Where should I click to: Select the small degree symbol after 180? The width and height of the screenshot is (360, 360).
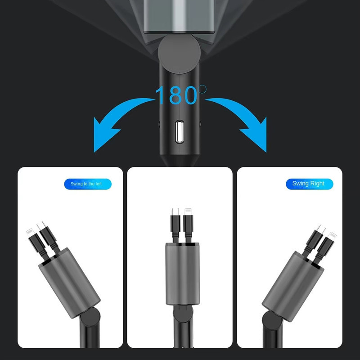(x=202, y=89)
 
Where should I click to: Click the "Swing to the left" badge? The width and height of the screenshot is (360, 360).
(x=88, y=184)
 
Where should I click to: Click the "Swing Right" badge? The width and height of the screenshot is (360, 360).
(x=309, y=184)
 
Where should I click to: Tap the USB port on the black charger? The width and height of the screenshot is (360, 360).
(x=179, y=132)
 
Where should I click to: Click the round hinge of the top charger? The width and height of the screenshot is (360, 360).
(x=179, y=54)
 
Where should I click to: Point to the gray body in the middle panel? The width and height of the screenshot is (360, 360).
(x=183, y=274)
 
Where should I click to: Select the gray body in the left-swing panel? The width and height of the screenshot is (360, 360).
(x=69, y=283)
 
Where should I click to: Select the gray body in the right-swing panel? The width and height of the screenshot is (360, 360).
(x=293, y=286)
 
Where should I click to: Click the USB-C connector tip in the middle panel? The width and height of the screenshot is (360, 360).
(x=175, y=211)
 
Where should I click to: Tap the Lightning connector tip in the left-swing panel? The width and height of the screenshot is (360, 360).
(x=30, y=232)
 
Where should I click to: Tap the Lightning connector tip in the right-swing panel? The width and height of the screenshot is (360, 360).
(x=332, y=236)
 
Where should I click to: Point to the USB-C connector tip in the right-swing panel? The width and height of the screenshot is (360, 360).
(x=321, y=229)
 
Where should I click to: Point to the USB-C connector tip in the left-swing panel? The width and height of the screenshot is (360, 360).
(x=41, y=225)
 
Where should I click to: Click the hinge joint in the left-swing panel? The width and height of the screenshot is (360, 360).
(x=90, y=317)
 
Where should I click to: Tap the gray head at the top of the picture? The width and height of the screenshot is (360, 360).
(x=179, y=16)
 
